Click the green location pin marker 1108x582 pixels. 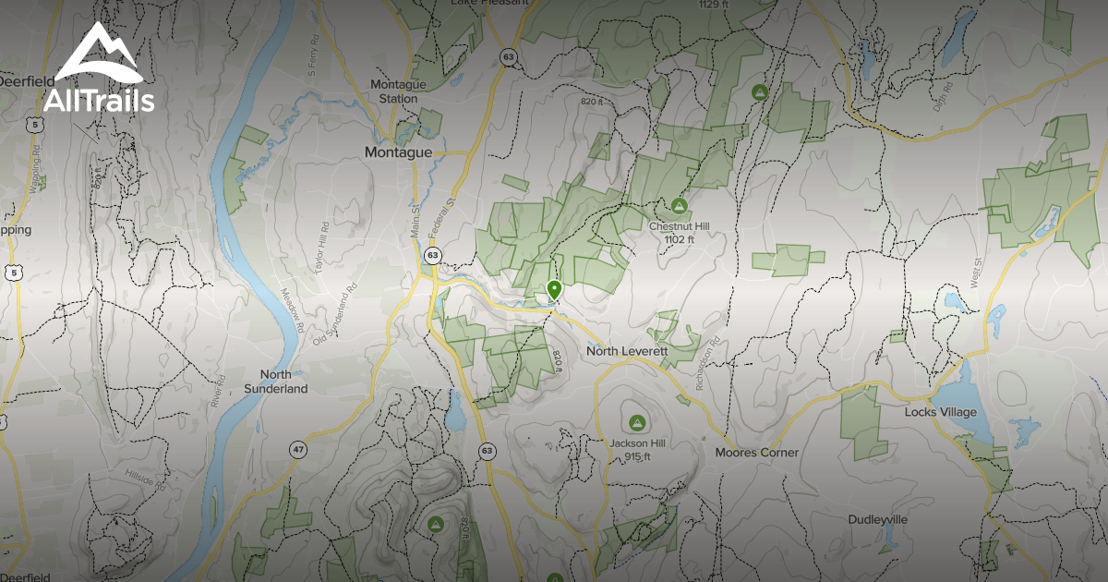554,290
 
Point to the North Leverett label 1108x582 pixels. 628,352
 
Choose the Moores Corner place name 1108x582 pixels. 757,453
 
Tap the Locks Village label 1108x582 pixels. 940,412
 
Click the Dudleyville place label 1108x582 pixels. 878,520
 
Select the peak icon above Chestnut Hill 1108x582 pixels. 680,205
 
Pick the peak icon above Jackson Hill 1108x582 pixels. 635,423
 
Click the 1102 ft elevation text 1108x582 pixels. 679,239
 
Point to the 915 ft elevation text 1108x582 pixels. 636,456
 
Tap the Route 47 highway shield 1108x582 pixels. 297,449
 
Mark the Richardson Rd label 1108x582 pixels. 706,366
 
